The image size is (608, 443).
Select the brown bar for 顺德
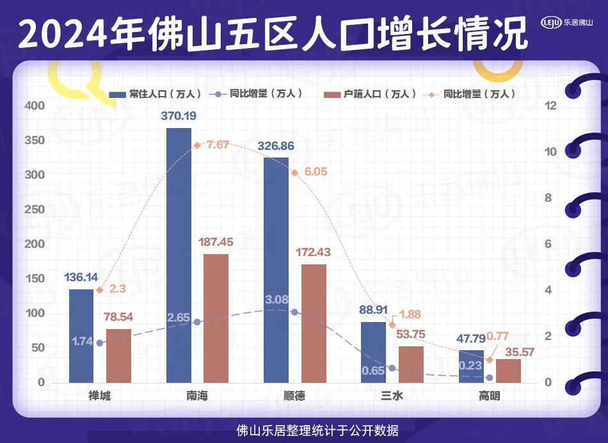click(314, 323)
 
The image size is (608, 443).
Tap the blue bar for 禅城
click(81, 335)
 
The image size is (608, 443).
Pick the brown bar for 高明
click(508, 371)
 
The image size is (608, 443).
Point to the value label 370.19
click(179, 116)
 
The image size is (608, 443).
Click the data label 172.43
click(314, 252)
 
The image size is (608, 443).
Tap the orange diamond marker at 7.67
click(197, 146)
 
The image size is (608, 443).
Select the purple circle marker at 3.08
click(294, 312)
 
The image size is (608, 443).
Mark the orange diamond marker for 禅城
click(100, 290)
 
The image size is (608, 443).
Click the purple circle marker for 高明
click(490, 378)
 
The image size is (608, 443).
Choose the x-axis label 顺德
click(294, 396)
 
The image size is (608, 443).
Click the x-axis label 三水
click(392, 396)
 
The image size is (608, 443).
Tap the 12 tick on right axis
click(547, 106)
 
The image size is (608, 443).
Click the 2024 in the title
click(61, 32)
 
